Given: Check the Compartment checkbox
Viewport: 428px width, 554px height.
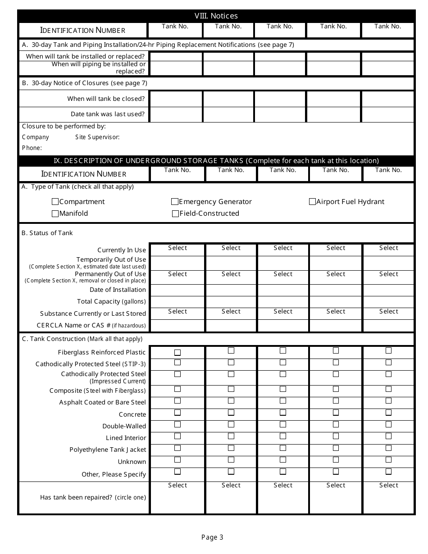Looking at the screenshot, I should [x=55, y=202].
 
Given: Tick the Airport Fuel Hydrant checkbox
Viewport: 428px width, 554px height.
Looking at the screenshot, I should [x=312, y=202].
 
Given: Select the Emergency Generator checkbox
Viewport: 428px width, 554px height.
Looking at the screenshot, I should [x=175, y=202].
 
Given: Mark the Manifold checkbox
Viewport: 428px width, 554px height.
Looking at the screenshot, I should [x=55, y=213].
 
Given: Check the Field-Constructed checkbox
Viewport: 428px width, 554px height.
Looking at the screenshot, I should [x=175, y=213].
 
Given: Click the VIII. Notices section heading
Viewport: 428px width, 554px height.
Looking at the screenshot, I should [x=216, y=16].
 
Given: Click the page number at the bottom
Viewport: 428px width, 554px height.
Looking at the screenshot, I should [x=212, y=537].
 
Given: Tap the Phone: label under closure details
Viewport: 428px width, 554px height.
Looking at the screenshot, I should [x=32, y=148].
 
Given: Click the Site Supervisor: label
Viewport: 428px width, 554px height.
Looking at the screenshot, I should [x=97, y=137].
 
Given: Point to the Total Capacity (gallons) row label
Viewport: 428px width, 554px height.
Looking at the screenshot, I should [x=111, y=301].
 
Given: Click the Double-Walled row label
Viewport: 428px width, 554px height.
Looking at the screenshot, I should [x=124, y=426].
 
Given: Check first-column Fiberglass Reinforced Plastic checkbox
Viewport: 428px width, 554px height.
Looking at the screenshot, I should [x=178, y=352].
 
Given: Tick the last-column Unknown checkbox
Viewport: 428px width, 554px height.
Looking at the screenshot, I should [x=388, y=460].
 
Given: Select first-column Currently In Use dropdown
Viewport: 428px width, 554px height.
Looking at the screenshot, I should [x=178, y=248].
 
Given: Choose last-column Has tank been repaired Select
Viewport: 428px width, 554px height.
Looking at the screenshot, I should [x=388, y=486].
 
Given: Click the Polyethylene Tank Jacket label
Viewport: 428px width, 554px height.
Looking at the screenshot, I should [x=108, y=450].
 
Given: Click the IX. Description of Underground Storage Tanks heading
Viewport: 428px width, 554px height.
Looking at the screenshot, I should [x=216, y=161].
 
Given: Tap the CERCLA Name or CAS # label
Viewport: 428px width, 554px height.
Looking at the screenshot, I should [x=91, y=325].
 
